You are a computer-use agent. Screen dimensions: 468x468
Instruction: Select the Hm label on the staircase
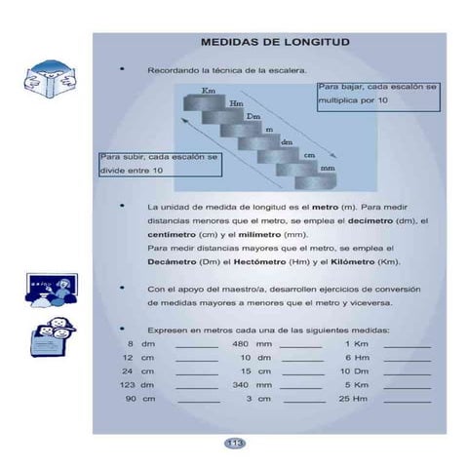click(236, 103)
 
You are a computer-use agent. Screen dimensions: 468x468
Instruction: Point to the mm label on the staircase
click(327, 169)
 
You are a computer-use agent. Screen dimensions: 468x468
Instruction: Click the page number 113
click(234, 444)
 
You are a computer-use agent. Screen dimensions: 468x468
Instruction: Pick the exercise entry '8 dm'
click(141, 344)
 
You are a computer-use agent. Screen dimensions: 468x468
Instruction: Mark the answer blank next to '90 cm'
click(198, 401)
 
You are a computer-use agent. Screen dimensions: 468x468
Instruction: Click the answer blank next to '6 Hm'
click(408, 360)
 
